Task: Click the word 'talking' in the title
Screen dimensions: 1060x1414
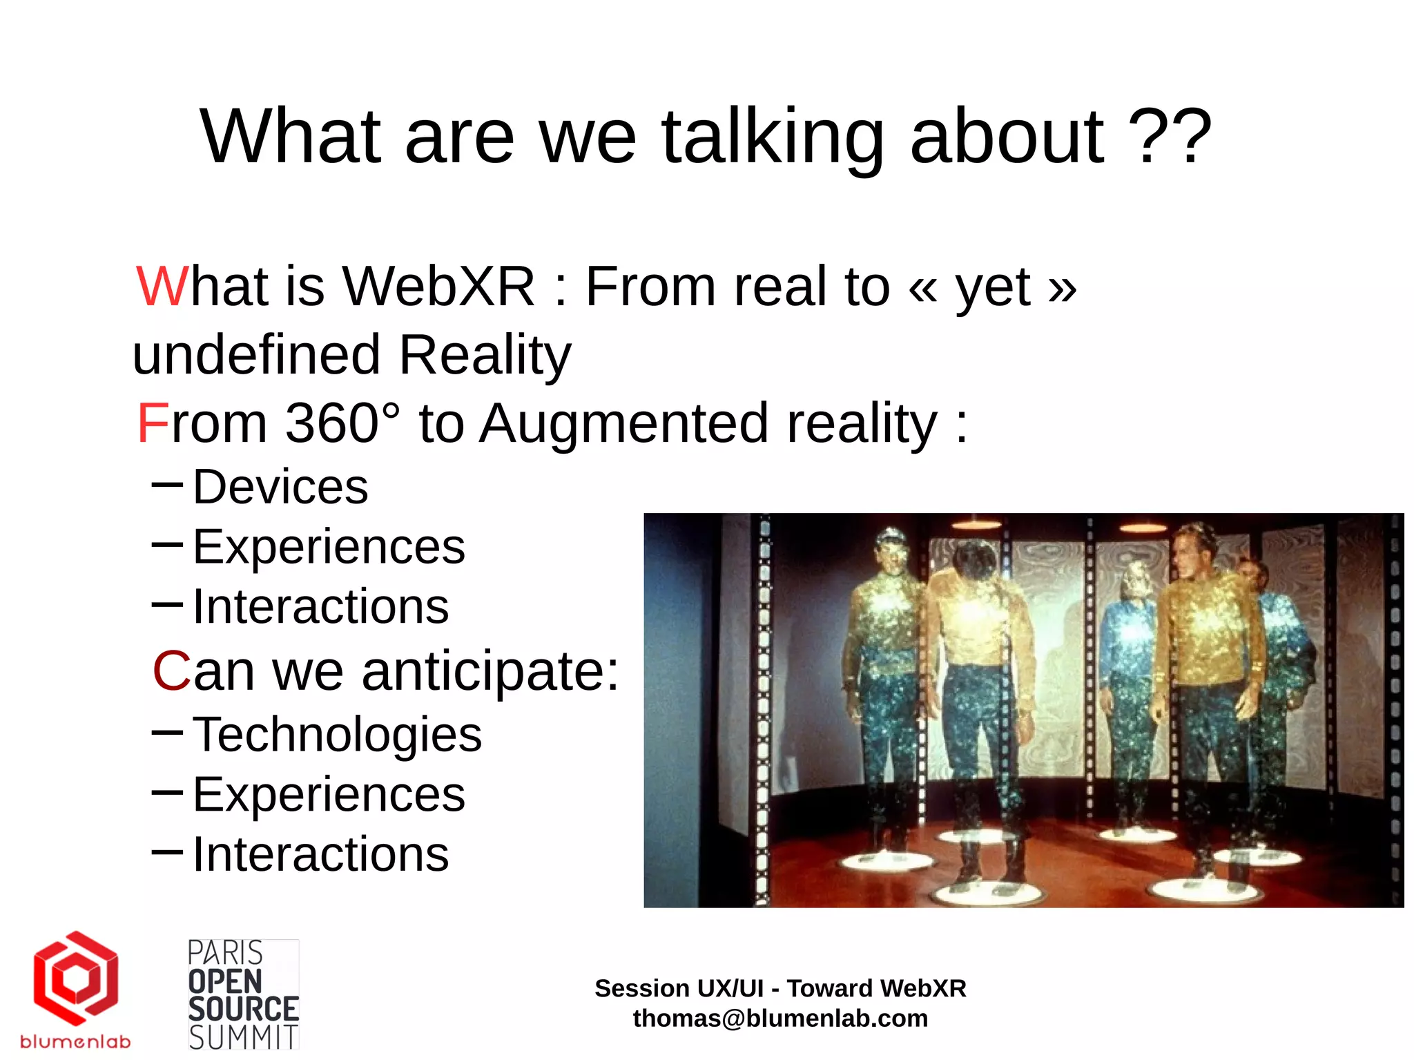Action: click(773, 138)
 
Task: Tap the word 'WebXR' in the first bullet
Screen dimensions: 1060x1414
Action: click(438, 287)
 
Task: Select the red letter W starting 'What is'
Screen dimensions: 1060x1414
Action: click(162, 287)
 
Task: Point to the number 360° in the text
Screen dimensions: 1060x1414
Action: click(342, 423)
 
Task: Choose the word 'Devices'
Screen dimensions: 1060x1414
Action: click(280, 487)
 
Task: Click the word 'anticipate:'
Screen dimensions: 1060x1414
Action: click(490, 671)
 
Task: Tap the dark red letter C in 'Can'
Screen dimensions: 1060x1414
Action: click(171, 671)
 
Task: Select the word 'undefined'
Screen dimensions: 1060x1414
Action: click(256, 355)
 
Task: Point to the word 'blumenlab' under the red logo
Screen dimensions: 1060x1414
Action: click(75, 1041)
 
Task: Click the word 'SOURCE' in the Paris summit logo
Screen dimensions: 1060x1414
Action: click(243, 1010)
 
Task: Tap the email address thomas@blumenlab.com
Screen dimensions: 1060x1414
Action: click(780, 1019)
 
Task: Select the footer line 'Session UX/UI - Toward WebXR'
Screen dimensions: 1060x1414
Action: click(780, 988)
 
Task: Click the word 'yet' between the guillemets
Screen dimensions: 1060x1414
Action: click(993, 287)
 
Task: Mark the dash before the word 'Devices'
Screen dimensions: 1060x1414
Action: click(167, 485)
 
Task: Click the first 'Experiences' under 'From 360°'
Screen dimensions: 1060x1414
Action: click(329, 547)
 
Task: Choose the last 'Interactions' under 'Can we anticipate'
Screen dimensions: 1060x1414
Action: click(320, 854)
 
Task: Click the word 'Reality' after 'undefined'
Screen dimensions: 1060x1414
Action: click(485, 355)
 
